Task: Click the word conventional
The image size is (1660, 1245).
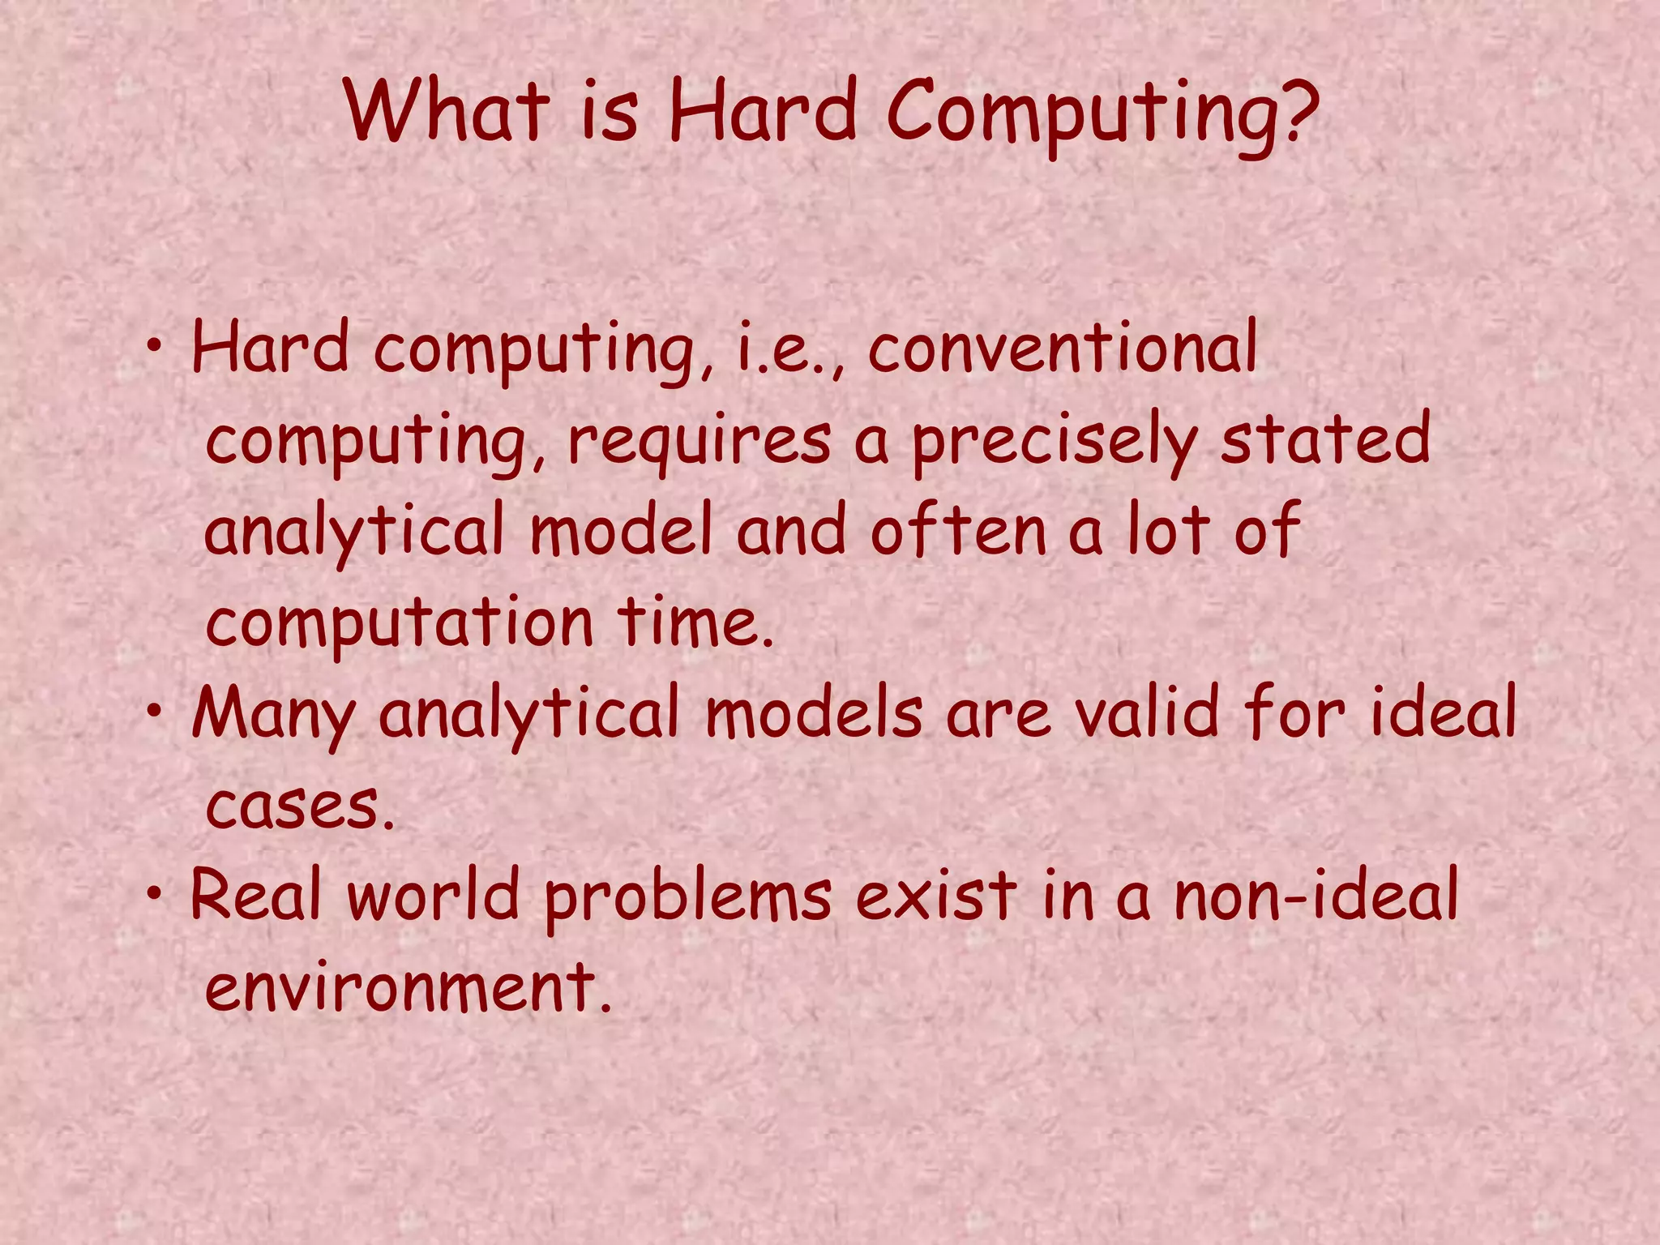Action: (1063, 349)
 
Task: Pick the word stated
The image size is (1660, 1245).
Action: (1326, 439)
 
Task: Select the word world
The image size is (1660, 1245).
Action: (434, 896)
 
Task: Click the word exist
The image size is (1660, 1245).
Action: (936, 896)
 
